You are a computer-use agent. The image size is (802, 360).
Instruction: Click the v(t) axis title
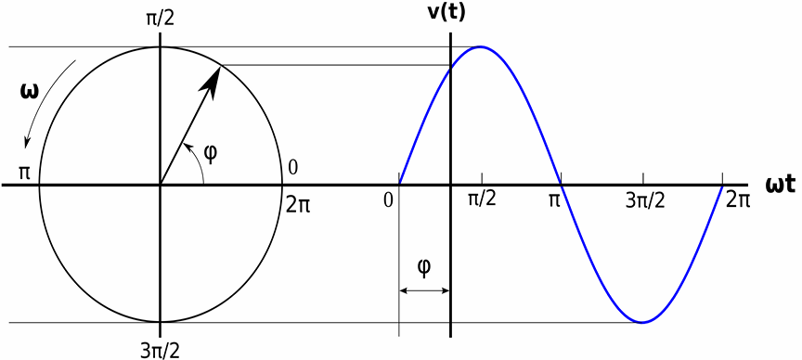446,13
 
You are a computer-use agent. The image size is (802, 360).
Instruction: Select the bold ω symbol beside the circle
28,91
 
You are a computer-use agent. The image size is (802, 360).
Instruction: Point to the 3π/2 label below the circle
160,351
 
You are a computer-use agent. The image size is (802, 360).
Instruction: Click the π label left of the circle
23,172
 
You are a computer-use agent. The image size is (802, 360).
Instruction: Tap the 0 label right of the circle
293,168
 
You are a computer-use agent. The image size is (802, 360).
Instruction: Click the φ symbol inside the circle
210,153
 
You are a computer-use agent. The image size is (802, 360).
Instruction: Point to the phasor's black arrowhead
212,82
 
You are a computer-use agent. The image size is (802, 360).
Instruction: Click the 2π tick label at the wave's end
738,199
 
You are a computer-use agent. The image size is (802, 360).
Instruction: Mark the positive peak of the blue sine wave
480,47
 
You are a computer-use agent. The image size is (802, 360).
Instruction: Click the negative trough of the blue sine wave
642,322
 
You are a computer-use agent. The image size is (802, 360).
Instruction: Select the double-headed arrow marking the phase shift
424,290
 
